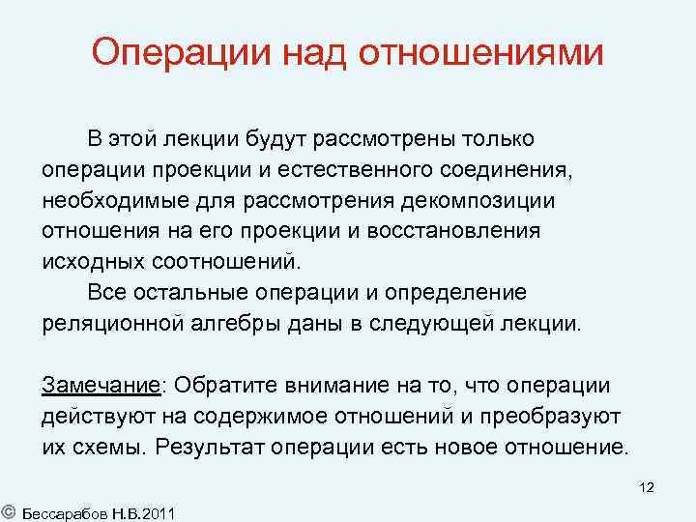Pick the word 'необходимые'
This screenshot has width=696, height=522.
pos(106,201)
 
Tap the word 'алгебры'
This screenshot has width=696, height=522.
pos(242,322)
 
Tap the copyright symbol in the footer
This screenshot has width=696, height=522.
pos(8,509)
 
